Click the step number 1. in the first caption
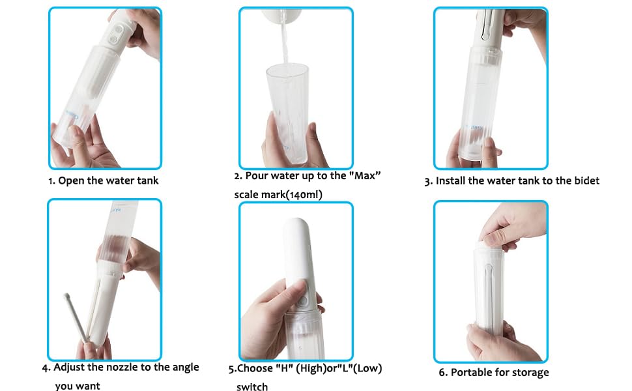(x=52, y=181)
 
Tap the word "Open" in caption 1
(x=71, y=181)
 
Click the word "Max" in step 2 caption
(x=365, y=176)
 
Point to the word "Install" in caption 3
(x=450, y=181)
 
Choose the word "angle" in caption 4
(x=186, y=368)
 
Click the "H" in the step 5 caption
(x=284, y=368)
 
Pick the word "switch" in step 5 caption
(x=252, y=387)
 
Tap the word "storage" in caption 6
(x=530, y=373)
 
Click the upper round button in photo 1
(x=119, y=30)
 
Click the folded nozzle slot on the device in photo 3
(x=487, y=24)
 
